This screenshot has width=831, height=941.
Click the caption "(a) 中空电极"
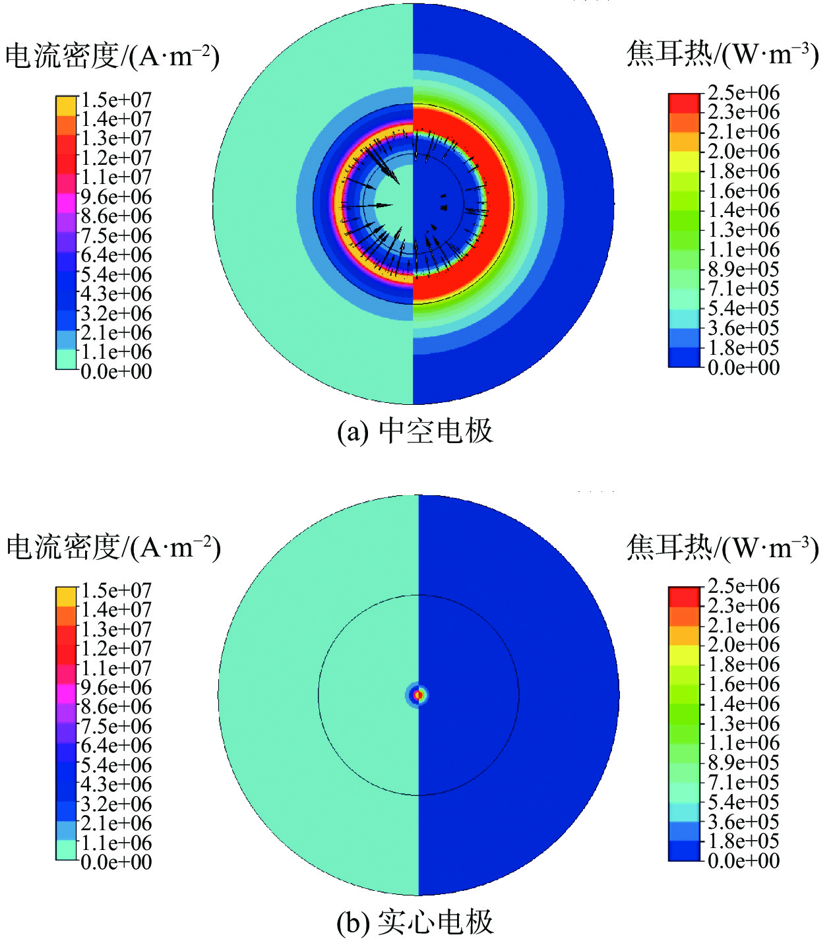(x=415, y=432)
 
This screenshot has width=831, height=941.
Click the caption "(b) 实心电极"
(x=415, y=923)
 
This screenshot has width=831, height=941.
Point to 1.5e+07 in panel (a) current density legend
(x=116, y=100)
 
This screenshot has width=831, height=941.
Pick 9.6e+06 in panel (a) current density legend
(x=116, y=197)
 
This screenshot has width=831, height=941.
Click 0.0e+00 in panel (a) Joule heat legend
(x=743, y=367)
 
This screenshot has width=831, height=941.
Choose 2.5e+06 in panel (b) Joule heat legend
(x=743, y=586)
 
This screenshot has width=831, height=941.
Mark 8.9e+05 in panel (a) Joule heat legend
(x=743, y=270)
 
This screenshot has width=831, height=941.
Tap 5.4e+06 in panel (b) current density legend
(x=116, y=766)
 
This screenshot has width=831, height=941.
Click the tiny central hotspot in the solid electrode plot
(x=418, y=695)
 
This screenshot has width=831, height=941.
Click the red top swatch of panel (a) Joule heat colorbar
(x=684, y=103)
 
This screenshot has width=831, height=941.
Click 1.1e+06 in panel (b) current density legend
(x=116, y=843)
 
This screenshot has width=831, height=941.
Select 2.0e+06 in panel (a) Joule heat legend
(x=743, y=152)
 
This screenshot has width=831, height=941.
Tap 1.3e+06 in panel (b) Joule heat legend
(x=743, y=724)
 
